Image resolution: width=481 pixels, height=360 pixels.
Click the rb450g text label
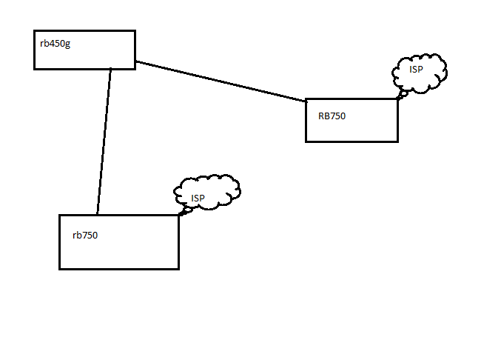point(55,43)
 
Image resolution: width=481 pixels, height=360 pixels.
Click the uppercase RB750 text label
point(332,116)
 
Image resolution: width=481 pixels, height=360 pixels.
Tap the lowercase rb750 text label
point(85,236)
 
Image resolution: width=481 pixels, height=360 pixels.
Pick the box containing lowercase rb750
point(118,252)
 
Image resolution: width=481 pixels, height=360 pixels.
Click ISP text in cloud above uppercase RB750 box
point(417,69)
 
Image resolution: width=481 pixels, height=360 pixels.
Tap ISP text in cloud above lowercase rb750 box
point(198,198)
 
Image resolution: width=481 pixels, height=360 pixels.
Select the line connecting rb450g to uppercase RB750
point(222,81)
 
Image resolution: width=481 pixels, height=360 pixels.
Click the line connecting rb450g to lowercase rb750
point(104,141)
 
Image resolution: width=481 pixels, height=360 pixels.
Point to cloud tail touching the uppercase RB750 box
point(402,95)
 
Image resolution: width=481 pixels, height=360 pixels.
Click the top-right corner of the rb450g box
point(135,31)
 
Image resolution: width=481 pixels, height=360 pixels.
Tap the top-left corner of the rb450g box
point(35,31)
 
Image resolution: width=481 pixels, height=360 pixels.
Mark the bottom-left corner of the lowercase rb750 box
point(60,268)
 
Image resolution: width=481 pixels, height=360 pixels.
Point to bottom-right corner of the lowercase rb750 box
point(178,268)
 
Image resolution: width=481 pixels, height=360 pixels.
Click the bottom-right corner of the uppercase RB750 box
point(397,141)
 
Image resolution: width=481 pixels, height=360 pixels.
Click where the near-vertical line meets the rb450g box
point(111,69)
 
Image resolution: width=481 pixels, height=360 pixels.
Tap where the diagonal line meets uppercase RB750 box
point(306,101)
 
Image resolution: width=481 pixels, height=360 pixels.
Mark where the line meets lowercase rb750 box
point(97,215)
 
